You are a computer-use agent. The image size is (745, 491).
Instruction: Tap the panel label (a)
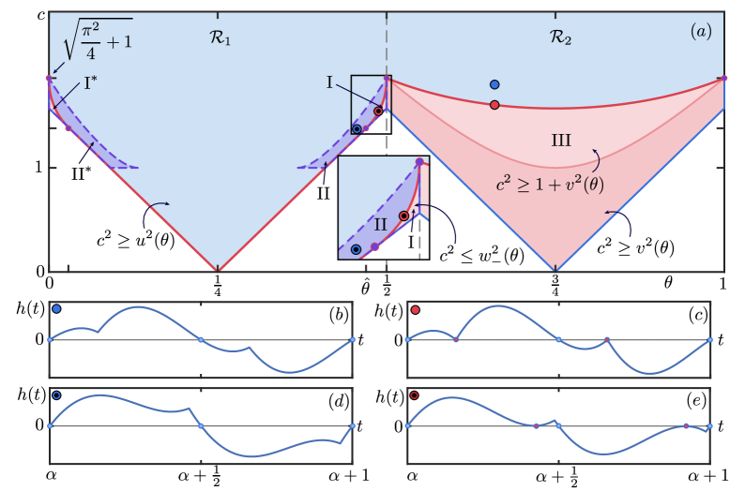tap(701, 31)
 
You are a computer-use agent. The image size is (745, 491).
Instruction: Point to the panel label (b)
tap(338, 316)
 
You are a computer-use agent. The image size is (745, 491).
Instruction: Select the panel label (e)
tap(695, 401)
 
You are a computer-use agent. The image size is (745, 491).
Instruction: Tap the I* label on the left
tap(90, 83)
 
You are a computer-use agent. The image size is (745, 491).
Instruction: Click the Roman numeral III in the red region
tap(561, 141)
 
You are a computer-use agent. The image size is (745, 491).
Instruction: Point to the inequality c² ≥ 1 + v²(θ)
tap(550, 184)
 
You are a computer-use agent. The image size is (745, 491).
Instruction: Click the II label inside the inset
tap(380, 225)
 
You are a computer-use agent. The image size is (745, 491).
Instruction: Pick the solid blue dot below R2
tap(494, 84)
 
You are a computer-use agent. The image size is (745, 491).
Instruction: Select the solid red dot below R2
tap(494, 105)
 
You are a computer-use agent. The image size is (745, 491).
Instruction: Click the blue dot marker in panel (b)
tap(56, 308)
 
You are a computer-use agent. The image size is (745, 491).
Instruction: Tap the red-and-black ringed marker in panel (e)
tap(414, 395)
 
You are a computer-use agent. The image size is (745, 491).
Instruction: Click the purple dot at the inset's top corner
tap(419, 162)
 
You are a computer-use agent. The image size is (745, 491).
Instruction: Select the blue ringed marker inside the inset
tap(356, 249)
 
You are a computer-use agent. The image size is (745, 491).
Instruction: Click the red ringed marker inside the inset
tap(403, 216)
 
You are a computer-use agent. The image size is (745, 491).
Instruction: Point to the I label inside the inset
tap(410, 242)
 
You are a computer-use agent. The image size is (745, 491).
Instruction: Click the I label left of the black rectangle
tap(329, 82)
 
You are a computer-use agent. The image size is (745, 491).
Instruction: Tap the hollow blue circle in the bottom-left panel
tap(56, 395)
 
